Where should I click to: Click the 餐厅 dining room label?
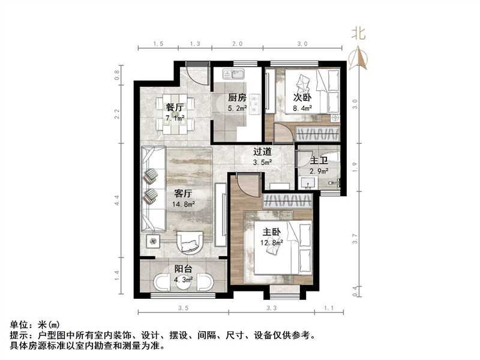pos(175,106)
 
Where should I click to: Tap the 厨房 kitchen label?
pos(237,98)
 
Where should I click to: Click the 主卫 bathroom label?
pos(319,161)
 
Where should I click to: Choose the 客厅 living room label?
pos(183,194)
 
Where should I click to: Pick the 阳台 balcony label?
pos(184,269)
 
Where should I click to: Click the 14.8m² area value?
pos(183,204)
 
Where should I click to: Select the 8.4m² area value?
pos(301,109)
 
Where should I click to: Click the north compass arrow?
pos(359,58)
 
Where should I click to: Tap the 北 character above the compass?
pos(359,34)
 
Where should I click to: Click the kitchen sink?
pos(232,74)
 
